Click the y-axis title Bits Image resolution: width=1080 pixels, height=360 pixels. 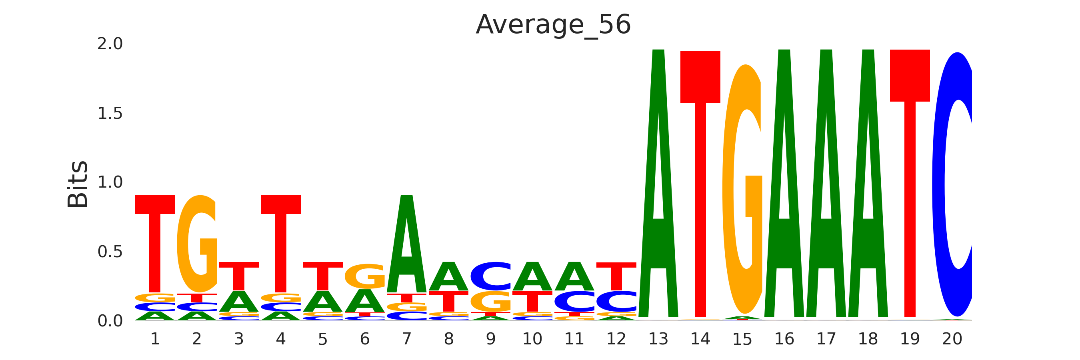tap(78, 184)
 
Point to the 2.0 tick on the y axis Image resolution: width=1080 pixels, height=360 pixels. tap(110, 44)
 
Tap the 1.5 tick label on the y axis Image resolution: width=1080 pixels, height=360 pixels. tap(110, 113)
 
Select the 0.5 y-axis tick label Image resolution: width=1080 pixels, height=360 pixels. tap(110, 252)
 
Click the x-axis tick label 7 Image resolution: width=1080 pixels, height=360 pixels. tap(407, 339)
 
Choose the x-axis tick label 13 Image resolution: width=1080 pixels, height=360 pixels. tap(658, 339)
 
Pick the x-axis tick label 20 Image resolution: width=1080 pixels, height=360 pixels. tap(952, 339)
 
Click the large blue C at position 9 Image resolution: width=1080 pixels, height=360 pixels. tap(490, 276)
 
